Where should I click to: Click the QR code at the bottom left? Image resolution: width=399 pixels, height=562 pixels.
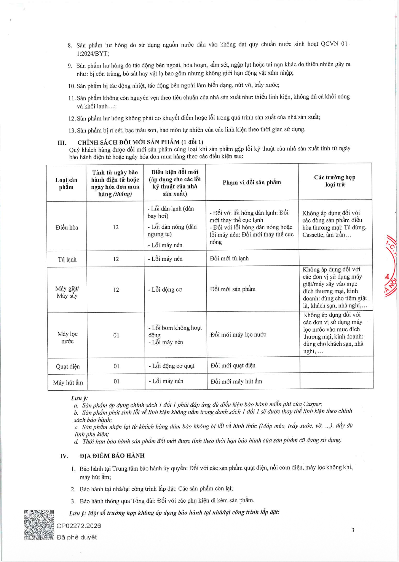tap(39, 525)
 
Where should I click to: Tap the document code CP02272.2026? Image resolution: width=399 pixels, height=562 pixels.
tap(79, 526)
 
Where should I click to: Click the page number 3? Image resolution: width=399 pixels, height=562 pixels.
tap(353, 530)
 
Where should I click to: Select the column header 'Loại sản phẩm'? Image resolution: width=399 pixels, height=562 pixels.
tap(66, 183)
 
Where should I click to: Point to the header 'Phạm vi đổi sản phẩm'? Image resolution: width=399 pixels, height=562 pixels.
tap(252, 182)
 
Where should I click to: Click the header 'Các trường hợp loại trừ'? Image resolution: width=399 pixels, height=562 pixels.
tap(335, 181)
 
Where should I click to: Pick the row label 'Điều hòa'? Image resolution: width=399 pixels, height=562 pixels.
tap(67, 227)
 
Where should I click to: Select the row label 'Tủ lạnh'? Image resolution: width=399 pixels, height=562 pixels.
tap(67, 259)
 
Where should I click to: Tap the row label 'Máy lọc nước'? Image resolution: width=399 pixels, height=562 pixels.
tap(67, 337)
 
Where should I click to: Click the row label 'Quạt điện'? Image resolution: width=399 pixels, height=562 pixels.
tap(68, 366)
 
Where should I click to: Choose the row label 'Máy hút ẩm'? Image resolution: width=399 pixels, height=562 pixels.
tap(68, 382)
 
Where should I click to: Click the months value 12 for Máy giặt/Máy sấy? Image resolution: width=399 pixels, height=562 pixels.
tap(116, 290)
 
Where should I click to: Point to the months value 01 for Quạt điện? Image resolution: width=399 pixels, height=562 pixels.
tap(116, 366)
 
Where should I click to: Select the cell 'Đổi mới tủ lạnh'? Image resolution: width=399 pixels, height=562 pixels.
tap(229, 259)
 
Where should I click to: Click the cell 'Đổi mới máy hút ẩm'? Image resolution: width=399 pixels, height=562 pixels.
tap(236, 382)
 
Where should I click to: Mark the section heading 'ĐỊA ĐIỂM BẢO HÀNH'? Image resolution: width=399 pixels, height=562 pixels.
tap(112, 455)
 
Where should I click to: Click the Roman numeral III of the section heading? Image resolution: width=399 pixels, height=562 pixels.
tap(62, 142)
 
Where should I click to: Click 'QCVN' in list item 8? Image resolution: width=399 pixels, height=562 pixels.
tap(329, 44)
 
